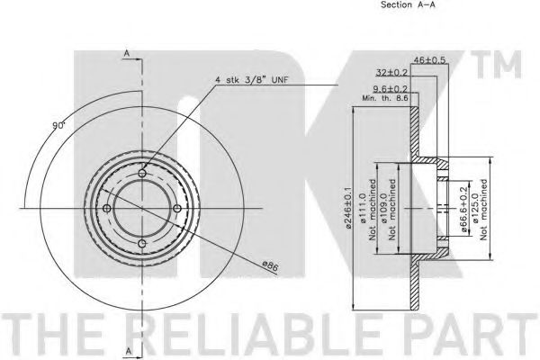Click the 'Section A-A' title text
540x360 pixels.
click(x=408, y=4)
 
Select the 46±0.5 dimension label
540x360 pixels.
click(x=429, y=59)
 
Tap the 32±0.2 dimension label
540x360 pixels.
click(x=391, y=72)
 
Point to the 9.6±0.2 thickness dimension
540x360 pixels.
click(x=391, y=90)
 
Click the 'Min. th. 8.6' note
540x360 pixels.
click(x=385, y=98)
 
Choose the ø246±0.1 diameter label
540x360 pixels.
click(x=348, y=208)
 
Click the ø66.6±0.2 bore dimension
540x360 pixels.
click(x=463, y=210)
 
